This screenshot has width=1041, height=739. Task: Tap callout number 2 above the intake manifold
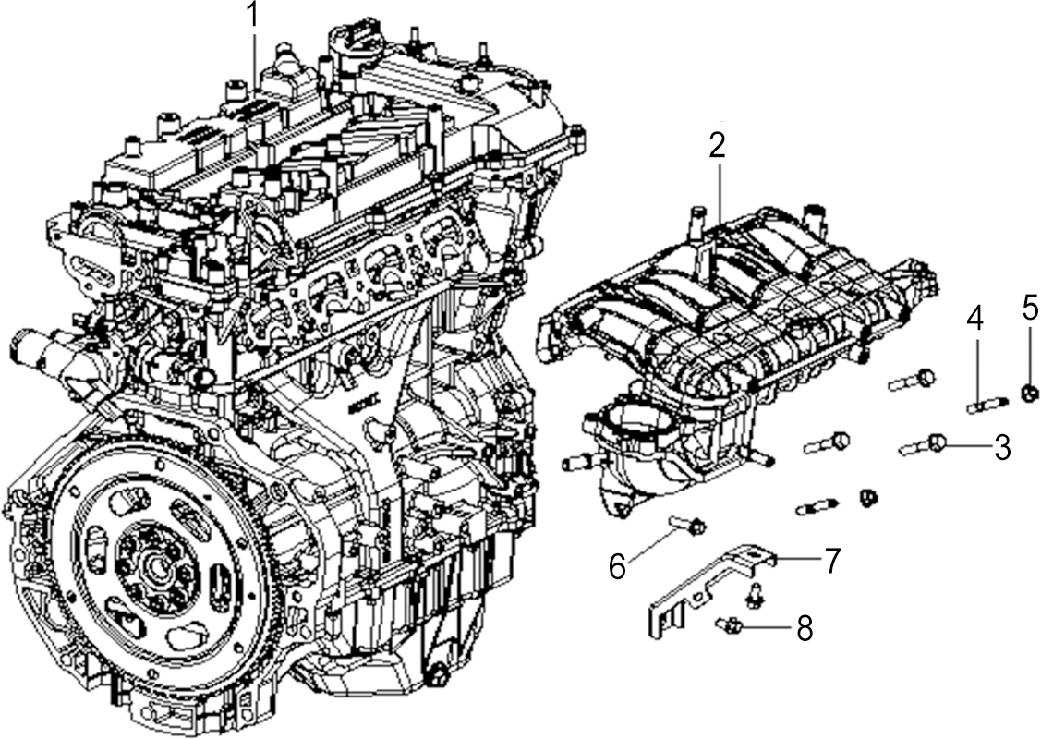717,146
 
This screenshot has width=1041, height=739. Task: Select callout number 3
1002,447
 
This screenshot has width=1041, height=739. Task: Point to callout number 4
974,319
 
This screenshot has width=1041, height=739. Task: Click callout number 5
1030,307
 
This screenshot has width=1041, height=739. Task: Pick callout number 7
832,560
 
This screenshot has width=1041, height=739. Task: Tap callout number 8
804,627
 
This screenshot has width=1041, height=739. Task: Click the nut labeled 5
1029,394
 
